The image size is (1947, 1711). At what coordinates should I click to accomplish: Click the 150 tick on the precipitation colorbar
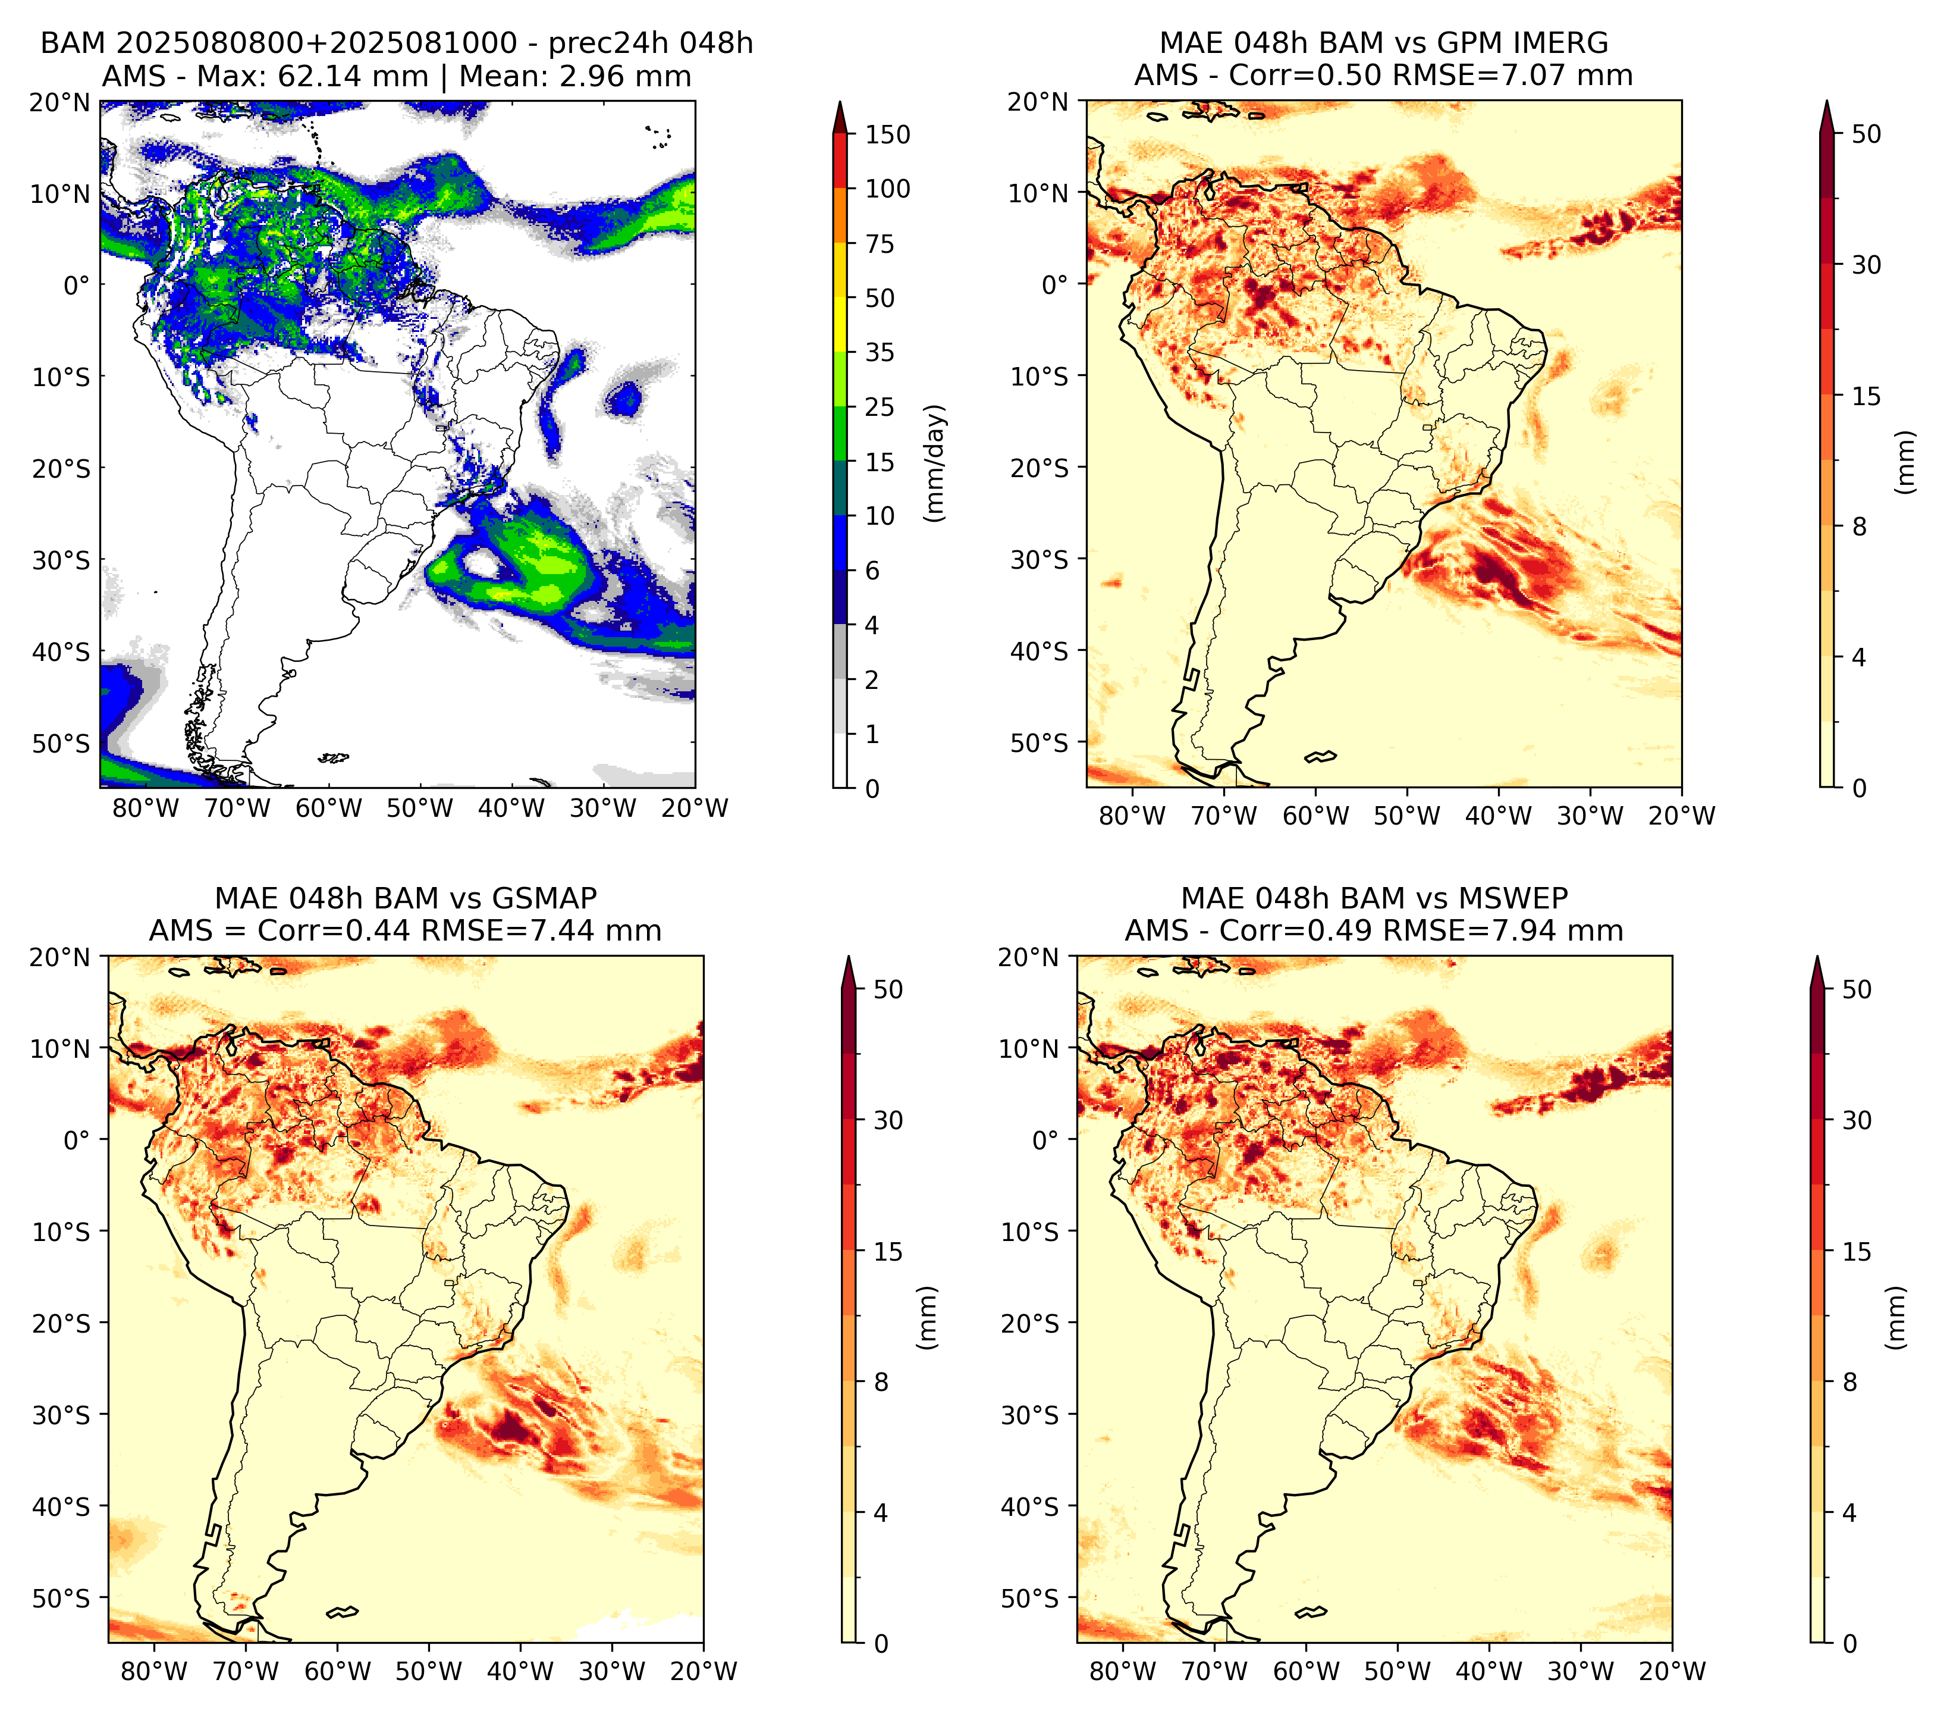(887, 134)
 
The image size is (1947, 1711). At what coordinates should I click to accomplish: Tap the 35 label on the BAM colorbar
(879, 352)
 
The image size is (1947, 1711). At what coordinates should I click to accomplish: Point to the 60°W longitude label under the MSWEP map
(1305, 1670)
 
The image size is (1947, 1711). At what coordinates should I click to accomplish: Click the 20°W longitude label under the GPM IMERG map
(1681, 816)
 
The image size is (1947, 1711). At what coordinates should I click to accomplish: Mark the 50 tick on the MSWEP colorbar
(1857, 989)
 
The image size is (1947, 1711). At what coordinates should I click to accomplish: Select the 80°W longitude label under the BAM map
(146, 808)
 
